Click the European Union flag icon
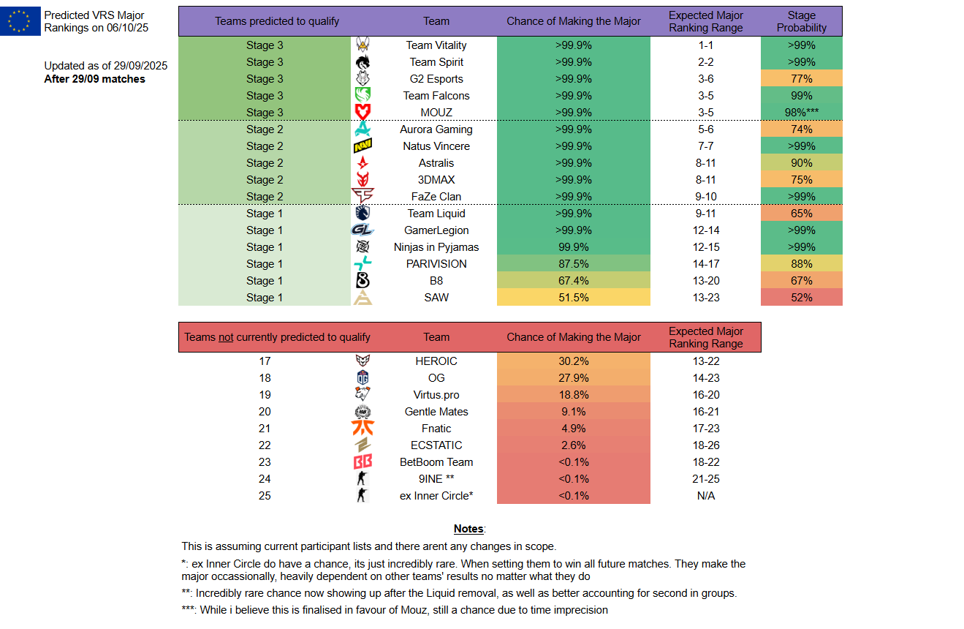point(20,20)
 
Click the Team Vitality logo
point(363,45)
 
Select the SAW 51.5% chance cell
point(573,298)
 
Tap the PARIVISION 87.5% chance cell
point(573,264)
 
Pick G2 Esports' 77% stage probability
point(801,79)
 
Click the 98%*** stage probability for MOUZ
point(801,113)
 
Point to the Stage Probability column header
point(801,21)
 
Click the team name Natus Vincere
point(436,146)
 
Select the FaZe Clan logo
point(363,197)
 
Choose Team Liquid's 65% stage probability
point(801,214)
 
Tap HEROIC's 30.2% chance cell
point(573,361)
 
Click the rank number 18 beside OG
point(265,378)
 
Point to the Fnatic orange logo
point(363,429)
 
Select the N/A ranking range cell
point(705,496)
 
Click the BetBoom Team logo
point(363,462)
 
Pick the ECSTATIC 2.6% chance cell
point(573,445)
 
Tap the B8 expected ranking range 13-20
point(705,281)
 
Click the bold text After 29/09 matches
point(94,79)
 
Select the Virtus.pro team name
point(436,395)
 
